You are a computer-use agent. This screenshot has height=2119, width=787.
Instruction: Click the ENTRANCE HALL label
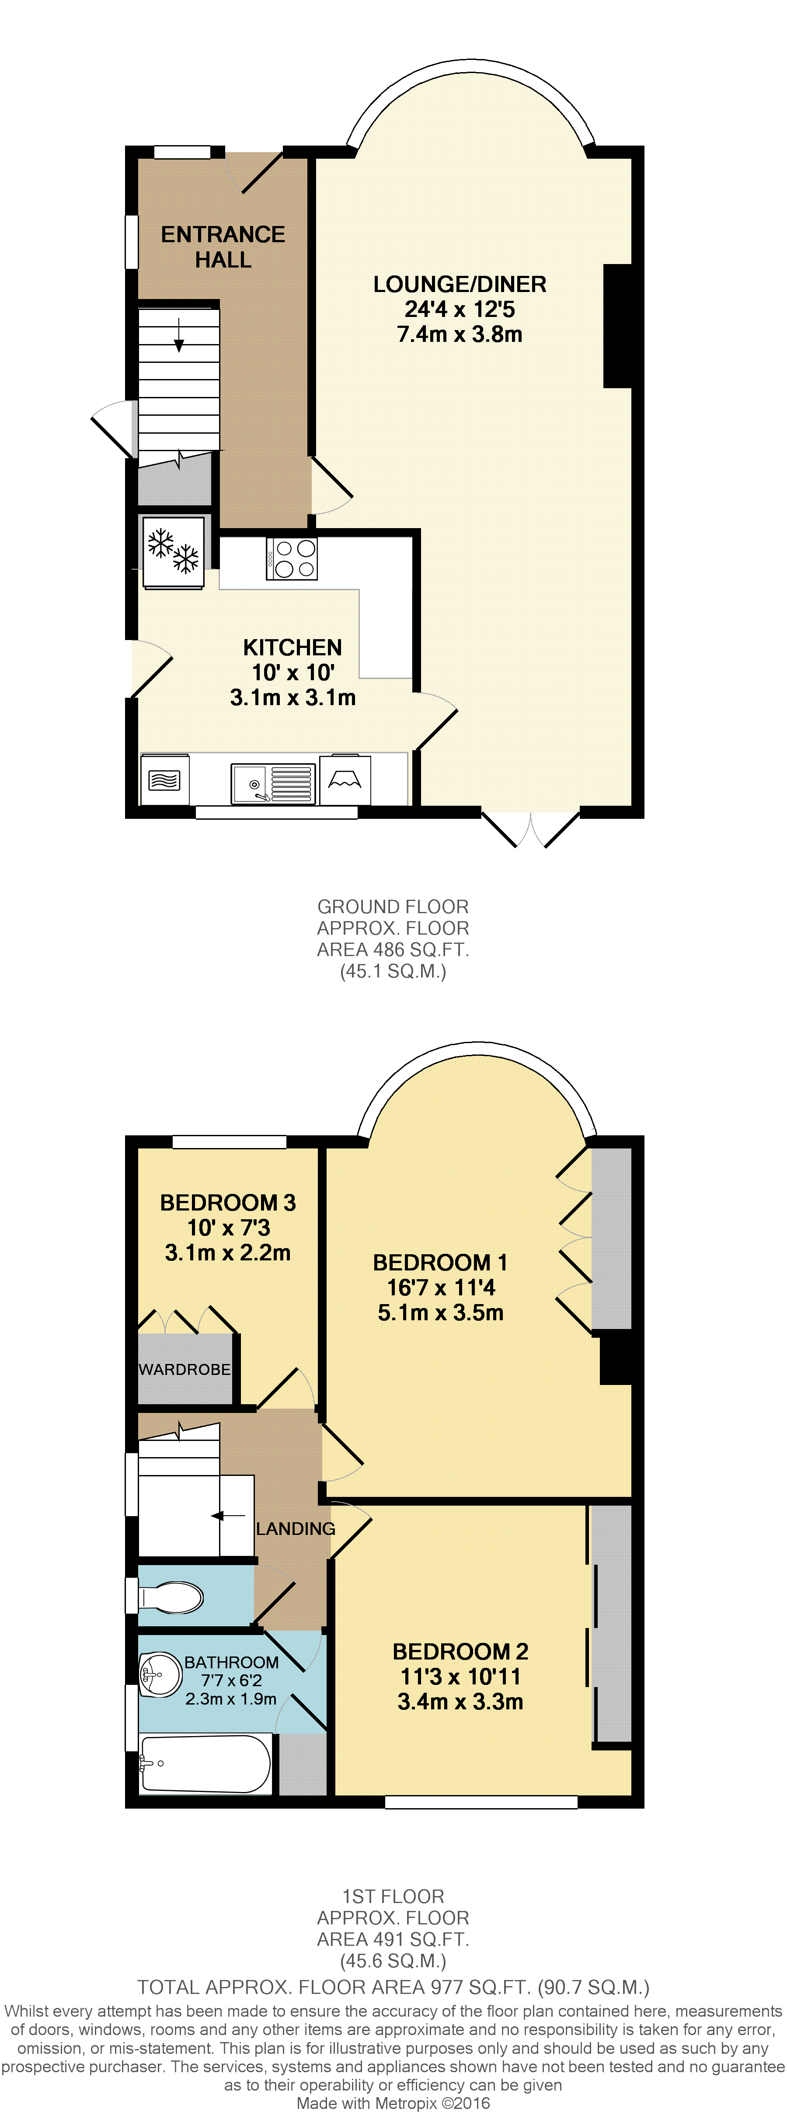pyautogui.click(x=223, y=247)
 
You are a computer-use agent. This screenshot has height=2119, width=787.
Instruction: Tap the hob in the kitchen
pyautogui.click(x=292, y=559)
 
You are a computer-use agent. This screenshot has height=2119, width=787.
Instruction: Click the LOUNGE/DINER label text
pyautogui.click(x=460, y=285)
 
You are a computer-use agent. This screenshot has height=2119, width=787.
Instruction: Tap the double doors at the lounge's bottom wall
pyautogui.click(x=530, y=829)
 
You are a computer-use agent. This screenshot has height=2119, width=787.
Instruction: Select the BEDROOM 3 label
pyautogui.click(x=228, y=1203)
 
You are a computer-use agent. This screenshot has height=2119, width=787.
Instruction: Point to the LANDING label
pyautogui.click(x=295, y=1528)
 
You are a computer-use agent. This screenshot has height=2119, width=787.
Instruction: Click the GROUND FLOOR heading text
pyautogui.click(x=393, y=907)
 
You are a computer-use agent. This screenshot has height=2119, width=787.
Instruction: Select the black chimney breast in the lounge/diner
pyautogui.click(x=618, y=326)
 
